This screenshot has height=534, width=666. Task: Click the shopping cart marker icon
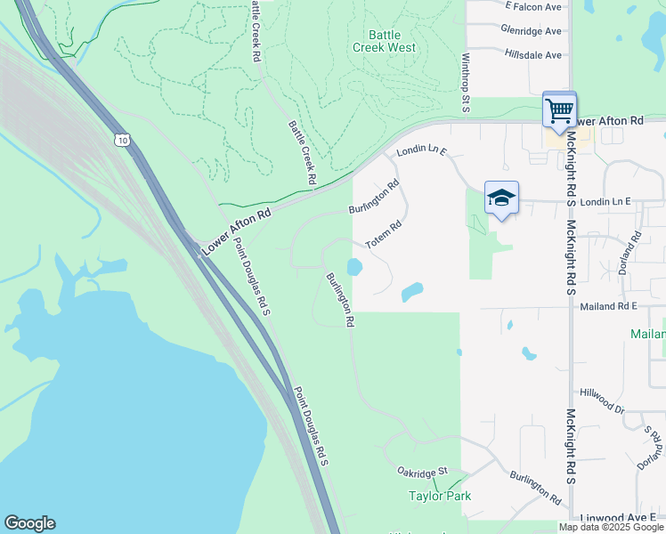point(559,111)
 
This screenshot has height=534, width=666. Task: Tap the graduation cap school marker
point(501,198)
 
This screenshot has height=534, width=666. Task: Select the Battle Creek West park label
point(385,41)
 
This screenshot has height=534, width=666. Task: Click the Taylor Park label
point(439,496)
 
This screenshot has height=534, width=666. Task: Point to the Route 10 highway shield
point(122,140)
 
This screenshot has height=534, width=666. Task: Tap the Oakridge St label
point(421,471)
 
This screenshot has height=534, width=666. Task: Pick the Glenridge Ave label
point(531,30)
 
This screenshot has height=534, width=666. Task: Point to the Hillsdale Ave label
point(532,54)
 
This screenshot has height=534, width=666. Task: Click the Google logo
point(29,523)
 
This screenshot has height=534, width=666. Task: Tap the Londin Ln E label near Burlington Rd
point(421,152)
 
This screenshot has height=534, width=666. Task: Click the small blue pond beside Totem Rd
point(354,267)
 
